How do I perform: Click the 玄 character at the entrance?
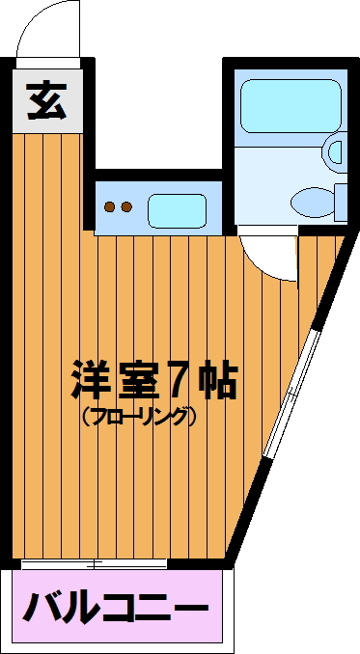tap(46, 100)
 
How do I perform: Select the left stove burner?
tap(110, 206)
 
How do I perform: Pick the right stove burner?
tap(126, 206)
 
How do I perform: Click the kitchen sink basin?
tap(178, 210)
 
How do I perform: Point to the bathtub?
tap(291, 106)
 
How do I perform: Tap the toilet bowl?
tap(313, 203)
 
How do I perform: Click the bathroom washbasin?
tap(335, 152)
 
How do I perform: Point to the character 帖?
tap(217, 379)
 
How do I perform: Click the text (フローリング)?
tap(139, 417)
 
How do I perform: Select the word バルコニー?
tap(116, 607)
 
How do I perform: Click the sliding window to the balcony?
tap(95, 564)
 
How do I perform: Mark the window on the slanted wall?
tap(292, 395)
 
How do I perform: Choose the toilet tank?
tap(342, 203)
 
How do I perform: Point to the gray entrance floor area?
tap(47, 100)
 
